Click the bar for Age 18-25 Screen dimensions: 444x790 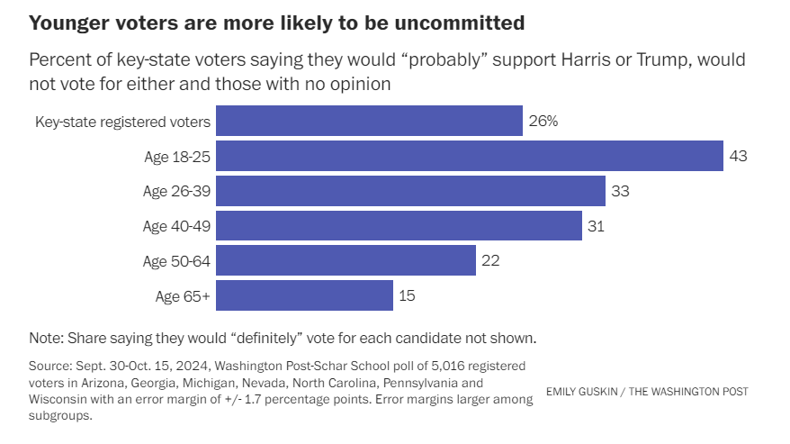(x=470, y=156)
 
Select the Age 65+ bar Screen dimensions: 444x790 (x=304, y=295)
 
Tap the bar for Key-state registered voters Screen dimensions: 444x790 (x=369, y=121)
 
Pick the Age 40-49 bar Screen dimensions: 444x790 (x=399, y=226)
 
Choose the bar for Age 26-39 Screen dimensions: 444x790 (x=410, y=191)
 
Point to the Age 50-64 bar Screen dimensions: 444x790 (x=346, y=260)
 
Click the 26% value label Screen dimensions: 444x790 (x=543, y=121)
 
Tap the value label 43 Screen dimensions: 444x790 (x=739, y=156)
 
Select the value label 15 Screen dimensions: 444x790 (x=408, y=295)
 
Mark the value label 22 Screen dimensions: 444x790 (x=490, y=260)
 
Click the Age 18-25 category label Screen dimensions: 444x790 (x=176, y=156)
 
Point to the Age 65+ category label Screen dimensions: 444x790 (x=184, y=295)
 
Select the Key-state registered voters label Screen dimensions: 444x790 (x=122, y=121)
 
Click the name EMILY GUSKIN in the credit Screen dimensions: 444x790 (x=580, y=392)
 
